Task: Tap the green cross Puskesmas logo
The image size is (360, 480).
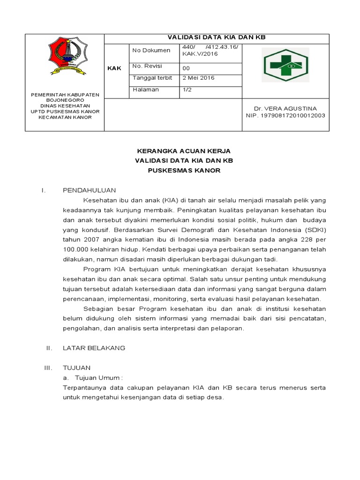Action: click(285, 66)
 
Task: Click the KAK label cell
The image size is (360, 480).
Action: click(114, 68)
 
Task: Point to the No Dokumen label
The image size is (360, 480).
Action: click(151, 50)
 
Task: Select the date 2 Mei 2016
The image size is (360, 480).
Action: click(198, 78)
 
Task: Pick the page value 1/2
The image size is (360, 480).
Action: click(187, 89)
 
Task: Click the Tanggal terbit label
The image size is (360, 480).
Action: click(153, 78)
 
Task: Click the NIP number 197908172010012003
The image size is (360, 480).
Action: click(285, 115)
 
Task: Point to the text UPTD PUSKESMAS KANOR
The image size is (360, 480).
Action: click(65, 111)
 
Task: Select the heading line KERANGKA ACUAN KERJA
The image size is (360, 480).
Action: click(183, 151)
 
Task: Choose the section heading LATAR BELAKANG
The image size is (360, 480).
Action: click(94, 348)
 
